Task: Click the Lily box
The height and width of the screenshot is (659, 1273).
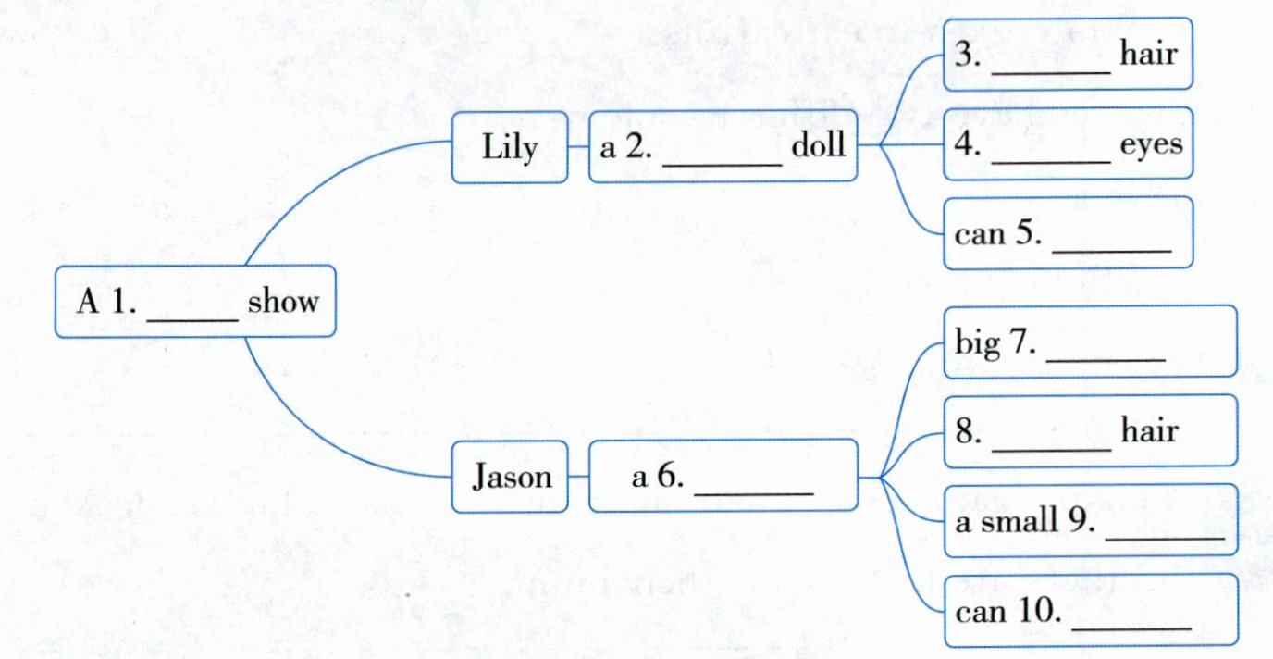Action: click(x=510, y=147)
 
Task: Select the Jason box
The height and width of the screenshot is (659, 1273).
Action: click(x=510, y=477)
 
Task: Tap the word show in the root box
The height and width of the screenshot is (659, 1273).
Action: click(x=283, y=302)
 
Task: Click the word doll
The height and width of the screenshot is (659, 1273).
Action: click(x=819, y=147)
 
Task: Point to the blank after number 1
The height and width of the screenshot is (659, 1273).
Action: click(x=193, y=315)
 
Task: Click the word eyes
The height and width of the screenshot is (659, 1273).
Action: click(x=1151, y=145)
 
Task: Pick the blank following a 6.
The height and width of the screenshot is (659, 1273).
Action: click(x=753, y=491)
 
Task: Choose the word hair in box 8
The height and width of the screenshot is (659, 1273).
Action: click(x=1148, y=431)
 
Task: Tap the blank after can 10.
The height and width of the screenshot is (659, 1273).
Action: click(x=1131, y=626)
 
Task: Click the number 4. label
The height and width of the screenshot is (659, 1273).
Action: click(x=968, y=145)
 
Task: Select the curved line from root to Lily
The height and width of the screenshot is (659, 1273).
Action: click(x=305, y=185)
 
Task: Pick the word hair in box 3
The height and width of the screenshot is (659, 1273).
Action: click(x=1148, y=55)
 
